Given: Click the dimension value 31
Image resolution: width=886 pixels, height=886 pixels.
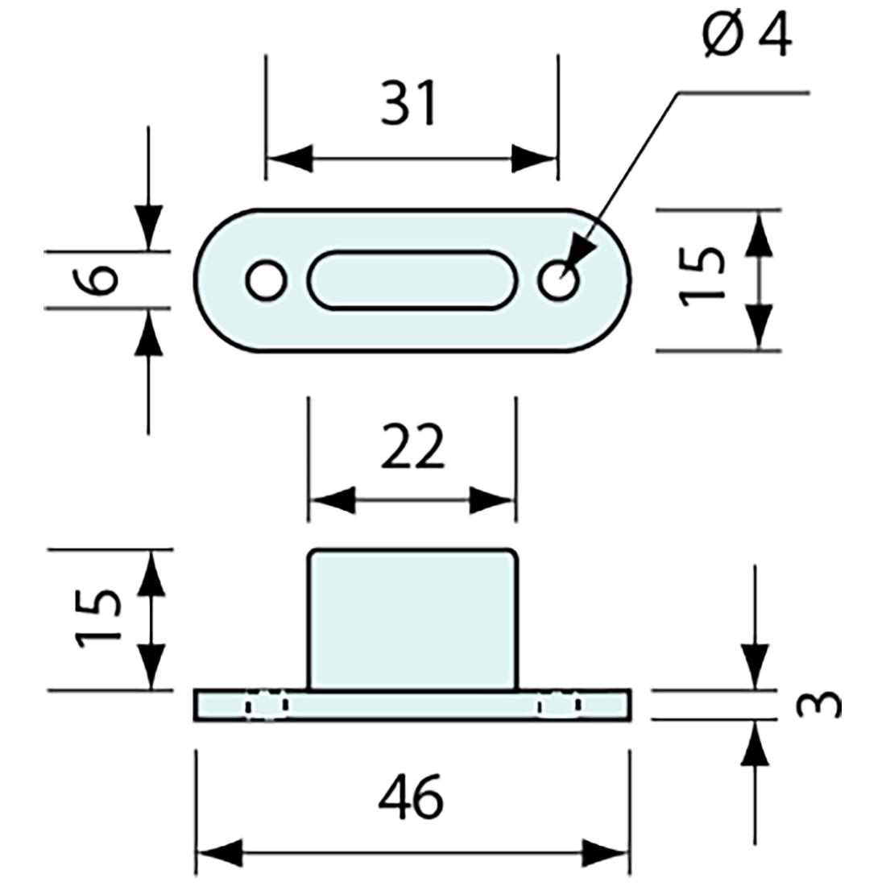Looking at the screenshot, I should point(409,103).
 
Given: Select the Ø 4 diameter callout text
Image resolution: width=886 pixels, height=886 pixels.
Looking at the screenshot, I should point(746,37).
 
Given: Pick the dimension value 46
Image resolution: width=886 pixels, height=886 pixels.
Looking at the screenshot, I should point(411,797).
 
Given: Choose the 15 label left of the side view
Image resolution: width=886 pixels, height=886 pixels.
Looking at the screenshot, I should point(100,619).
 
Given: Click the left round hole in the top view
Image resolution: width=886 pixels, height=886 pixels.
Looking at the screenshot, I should point(266,281).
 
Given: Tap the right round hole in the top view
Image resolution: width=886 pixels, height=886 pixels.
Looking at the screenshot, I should point(559,281).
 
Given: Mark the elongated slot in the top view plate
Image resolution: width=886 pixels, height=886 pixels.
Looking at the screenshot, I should point(412,280).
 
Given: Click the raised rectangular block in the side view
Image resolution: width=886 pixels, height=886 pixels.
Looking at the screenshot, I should point(412,619).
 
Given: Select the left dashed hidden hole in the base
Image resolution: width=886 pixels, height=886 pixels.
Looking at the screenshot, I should point(267,705).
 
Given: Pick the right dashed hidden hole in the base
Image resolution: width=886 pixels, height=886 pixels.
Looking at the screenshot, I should point(560,705).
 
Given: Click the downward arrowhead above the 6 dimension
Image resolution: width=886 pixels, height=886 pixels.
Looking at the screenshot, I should point(148,226).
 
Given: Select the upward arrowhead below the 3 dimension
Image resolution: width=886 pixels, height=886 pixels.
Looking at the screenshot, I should point(755,741).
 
